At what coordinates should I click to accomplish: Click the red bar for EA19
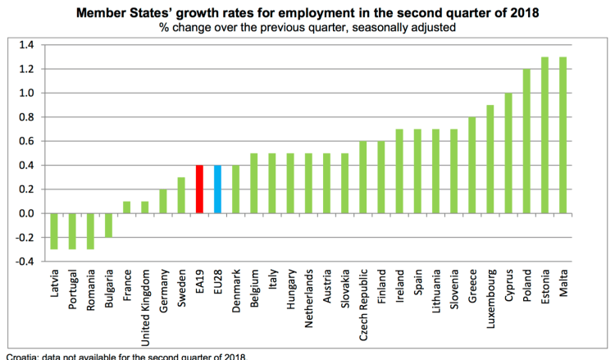click(199, 189)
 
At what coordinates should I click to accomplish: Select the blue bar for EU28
click(217, 189)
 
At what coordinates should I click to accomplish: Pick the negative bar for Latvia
click(54, 231)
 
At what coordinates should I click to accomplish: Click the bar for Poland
click(526, 141)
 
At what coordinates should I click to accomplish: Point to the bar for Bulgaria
click(108, 226)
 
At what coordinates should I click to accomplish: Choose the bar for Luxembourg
click(490, 159)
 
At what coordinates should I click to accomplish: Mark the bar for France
click(126, 207)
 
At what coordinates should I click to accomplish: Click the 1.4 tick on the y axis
click(27, 45)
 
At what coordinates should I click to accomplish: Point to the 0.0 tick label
click(27, 214)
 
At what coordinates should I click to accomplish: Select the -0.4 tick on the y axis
click(25, 262)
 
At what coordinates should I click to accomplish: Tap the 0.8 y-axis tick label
click(27, 117)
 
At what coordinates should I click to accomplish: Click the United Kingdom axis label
click(145, 299)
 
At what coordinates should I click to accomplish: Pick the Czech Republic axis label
click(362, 298)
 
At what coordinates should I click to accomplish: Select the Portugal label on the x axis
click(73, 286)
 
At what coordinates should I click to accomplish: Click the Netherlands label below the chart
click(308, 295)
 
